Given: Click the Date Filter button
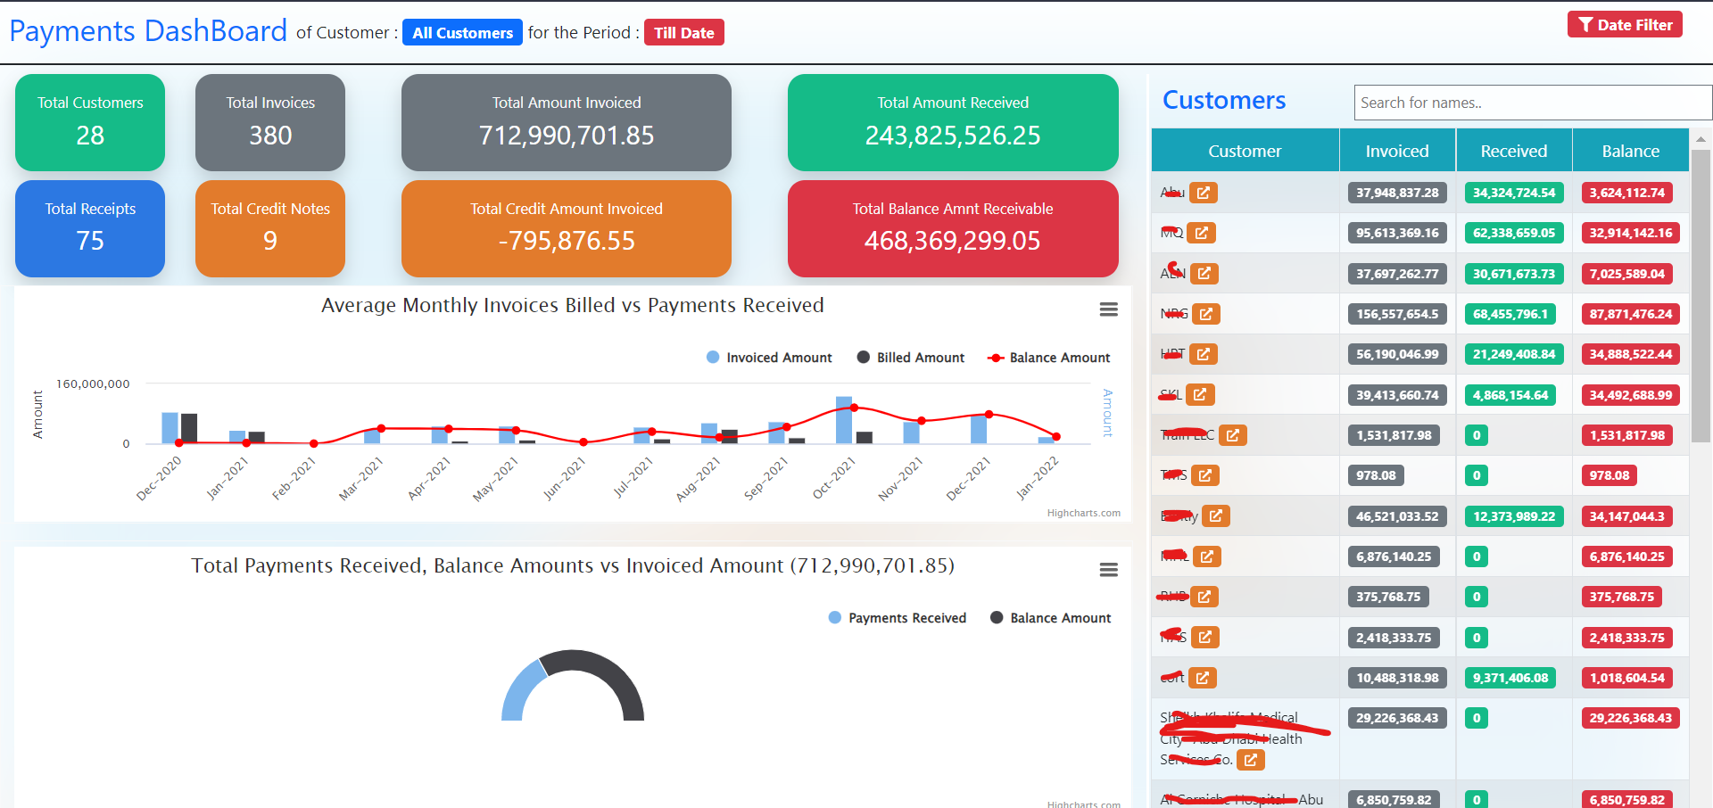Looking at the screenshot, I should [x=1625, y=25].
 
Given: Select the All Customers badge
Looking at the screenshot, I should [x=462, y=33].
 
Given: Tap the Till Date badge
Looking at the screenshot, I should [x=683, y=33].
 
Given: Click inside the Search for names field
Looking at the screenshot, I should [x=1532, y=103].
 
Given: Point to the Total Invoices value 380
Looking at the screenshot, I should [x=270, y=136].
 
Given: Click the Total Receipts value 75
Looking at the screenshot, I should [x=90, y=241].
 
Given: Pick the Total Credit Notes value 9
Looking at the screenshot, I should [x=270, y=241].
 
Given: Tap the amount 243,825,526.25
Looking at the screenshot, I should [x=952, y=136].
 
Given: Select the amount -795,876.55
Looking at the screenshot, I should [x=567, y=241].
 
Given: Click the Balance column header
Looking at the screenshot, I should [x=1630, y=152].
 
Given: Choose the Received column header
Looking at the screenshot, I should [x=1513, y=152].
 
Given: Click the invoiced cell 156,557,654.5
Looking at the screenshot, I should [x=1397, y=314].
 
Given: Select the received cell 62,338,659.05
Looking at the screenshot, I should [x=1513, y=234].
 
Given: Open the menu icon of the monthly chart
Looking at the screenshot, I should [x=1108, y=309].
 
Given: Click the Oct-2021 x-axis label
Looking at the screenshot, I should [x=835, y=477].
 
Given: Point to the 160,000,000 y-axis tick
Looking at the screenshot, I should [x=93, y=384].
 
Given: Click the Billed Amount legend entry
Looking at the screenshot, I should [x=911, y=358].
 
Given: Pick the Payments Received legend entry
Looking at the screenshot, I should [x=898, y=618].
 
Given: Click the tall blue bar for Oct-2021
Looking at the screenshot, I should [x=843, y=420].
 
